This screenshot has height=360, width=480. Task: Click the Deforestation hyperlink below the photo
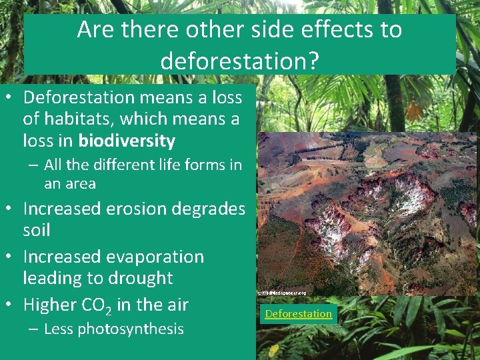[298, 314]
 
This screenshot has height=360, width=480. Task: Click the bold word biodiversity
[127, 141]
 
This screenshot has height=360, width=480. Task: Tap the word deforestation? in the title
[239, 61]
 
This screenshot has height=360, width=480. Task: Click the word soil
[37, 231]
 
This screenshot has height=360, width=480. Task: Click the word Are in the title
[95, 30]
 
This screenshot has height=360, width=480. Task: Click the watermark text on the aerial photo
[282, 293]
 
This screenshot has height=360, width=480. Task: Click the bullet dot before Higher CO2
[11, 305]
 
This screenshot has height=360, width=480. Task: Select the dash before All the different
[33, 165]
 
